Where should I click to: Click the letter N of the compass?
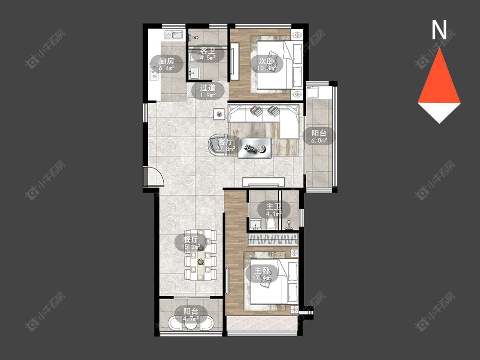[439, 30]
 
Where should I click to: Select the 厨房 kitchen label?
[167, 64]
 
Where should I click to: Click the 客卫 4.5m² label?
[208, 54]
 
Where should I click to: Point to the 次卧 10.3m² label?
[266, 64]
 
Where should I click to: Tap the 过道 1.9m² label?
[208, 91]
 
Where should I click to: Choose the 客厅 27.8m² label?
[226, 145]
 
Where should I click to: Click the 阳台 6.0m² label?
[319, 136]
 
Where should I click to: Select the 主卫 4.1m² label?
[274, 210]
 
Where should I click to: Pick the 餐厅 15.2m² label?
[191, 243]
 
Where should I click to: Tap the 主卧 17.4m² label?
[263, 274]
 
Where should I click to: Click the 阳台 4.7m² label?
[191, 315]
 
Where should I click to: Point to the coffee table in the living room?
[255, 148]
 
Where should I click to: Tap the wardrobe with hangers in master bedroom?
[273, 239]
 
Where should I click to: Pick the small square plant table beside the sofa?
[219, 115]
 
